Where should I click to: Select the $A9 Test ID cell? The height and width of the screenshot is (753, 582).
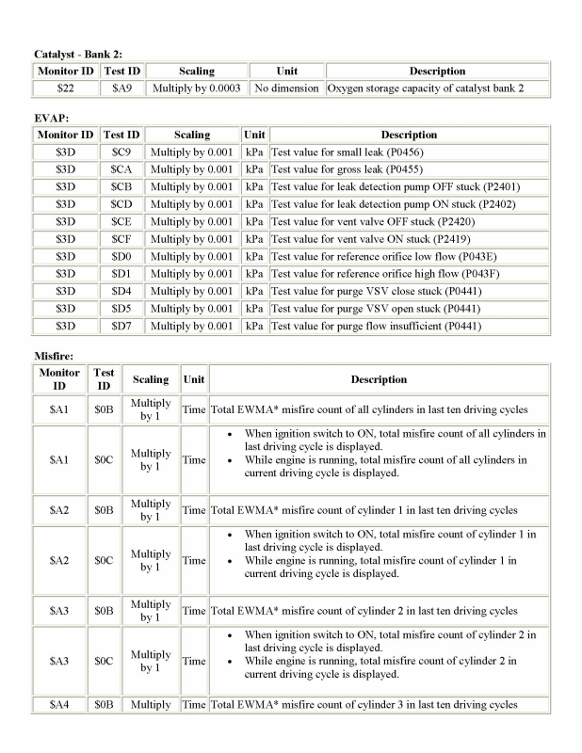pos(121,88)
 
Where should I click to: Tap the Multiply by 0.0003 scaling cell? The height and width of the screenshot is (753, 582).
pos(196,88)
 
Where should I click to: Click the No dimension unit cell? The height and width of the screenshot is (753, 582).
pos(286,88)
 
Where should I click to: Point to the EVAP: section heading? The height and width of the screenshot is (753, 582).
pos(52,119)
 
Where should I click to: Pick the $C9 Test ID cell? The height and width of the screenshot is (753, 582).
pos(121,152)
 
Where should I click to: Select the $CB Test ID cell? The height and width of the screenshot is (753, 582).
pos(121,186)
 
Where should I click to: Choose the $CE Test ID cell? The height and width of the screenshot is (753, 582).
pos(121,221)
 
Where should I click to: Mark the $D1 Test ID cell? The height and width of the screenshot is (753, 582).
pos(121,274)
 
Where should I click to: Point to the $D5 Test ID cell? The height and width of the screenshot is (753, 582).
pos(121,309)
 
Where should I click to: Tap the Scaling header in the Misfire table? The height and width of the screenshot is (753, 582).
pos(151,379)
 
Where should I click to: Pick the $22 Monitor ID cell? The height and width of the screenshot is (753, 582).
pos(65,88)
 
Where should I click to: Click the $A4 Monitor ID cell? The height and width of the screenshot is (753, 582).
pos(60,704)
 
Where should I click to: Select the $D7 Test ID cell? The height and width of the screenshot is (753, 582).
pos(121,327)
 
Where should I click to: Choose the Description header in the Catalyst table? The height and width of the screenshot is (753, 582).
pos(436,71)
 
